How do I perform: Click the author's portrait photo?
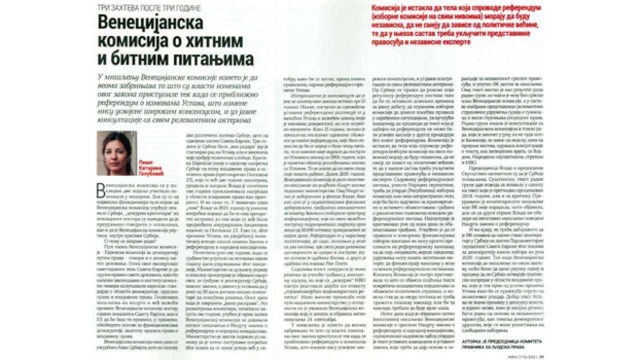[116, 153]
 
